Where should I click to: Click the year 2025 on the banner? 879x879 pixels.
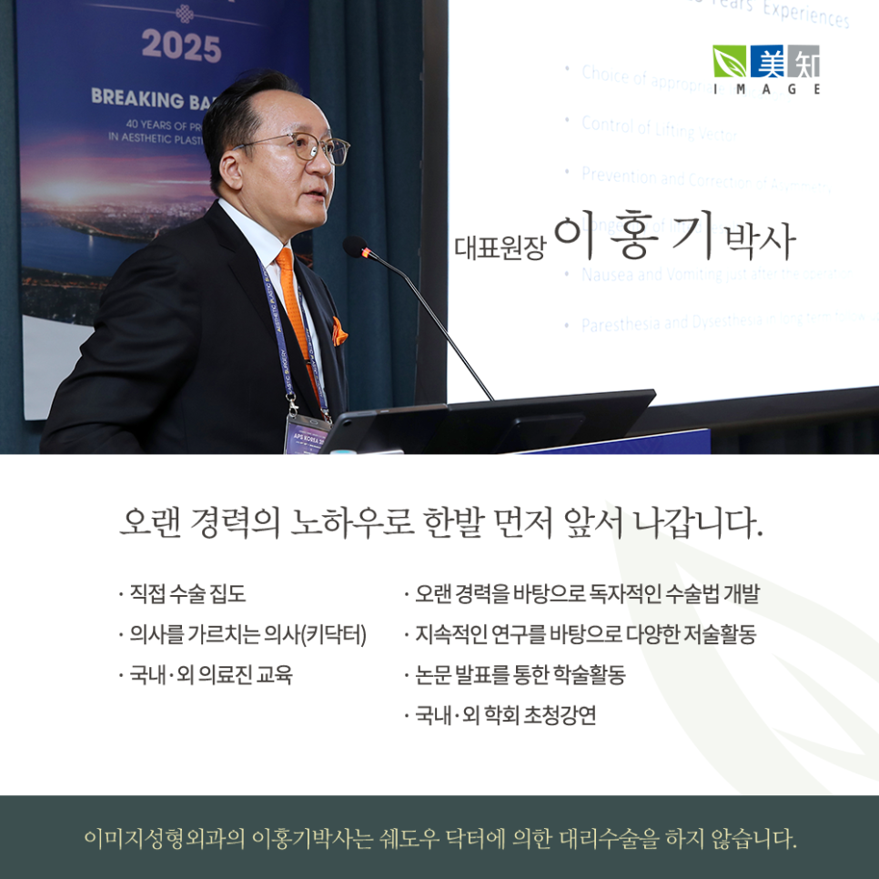(x=181, y=46)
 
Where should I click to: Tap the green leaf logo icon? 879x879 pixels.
(x=729, y=61)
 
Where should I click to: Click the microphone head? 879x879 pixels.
(x=355, y=247)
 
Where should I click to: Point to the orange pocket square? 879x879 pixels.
(x=338, y=332)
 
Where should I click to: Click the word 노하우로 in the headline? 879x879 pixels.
(x=352, y=524)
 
